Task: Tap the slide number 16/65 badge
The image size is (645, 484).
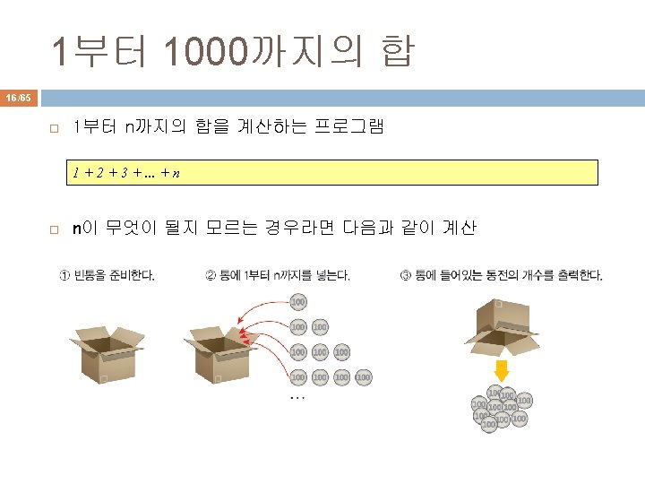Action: coord(18,96)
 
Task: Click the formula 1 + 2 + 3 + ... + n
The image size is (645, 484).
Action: coord(125,172)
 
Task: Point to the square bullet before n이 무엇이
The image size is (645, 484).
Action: coord(54,230)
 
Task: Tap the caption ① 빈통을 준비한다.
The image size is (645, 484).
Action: coord(107,275)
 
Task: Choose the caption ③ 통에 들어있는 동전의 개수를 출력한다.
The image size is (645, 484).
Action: coord(501,275)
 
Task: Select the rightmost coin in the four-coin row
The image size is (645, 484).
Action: coord(363,377)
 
